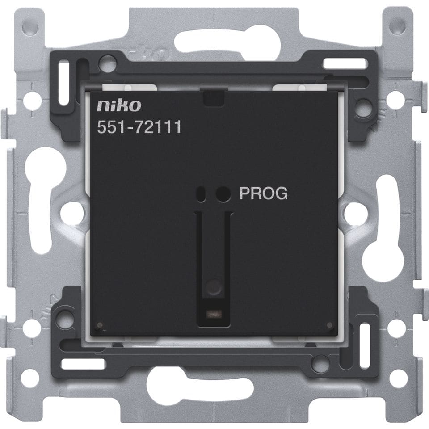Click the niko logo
tap(119, 105)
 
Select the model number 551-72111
tap(139, 127)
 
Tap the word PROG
tap(264, 193)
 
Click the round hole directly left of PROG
tap(223, 194)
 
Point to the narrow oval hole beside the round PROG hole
tap(201, 194)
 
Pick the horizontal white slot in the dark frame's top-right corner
tap(344, 63)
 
